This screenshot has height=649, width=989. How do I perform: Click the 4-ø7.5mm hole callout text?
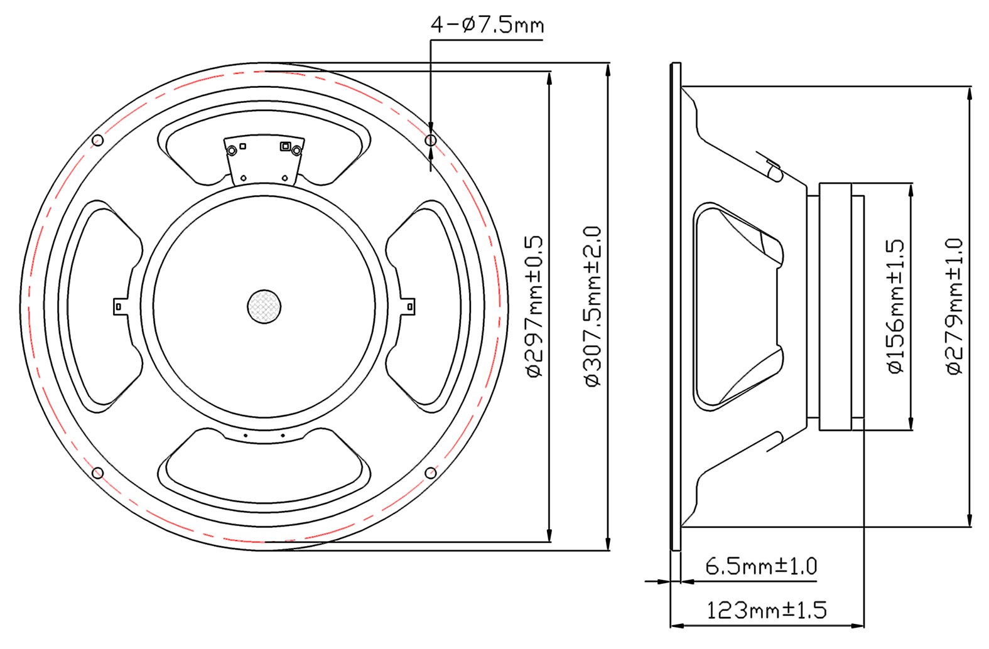(x=487, y=24)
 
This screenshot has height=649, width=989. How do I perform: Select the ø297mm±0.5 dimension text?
(x=534, y=307)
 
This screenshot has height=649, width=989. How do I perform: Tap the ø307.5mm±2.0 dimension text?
(x=593, y=307)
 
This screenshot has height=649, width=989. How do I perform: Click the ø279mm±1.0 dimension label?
(x=954, y=307)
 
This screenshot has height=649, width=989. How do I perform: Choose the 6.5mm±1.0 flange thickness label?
(x=761, y=566)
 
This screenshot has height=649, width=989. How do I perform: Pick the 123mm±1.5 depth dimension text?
(x=767, y=611)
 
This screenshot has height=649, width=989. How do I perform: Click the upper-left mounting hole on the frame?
(x=98, y=141)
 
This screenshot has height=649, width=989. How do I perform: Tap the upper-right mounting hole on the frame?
(x=431, y=141)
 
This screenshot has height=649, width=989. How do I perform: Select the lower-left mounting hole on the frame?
(x=98, y=473)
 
